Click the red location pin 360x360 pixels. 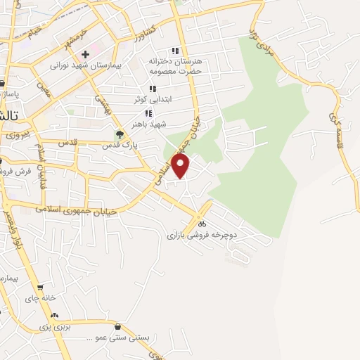pos(181,165)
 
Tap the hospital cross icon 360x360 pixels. pos(86,53)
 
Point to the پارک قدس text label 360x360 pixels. pos(119,146)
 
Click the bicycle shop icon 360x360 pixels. pos(202,225)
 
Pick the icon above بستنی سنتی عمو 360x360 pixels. pos(117,326)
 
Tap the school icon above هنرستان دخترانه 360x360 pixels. pos(175,51)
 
